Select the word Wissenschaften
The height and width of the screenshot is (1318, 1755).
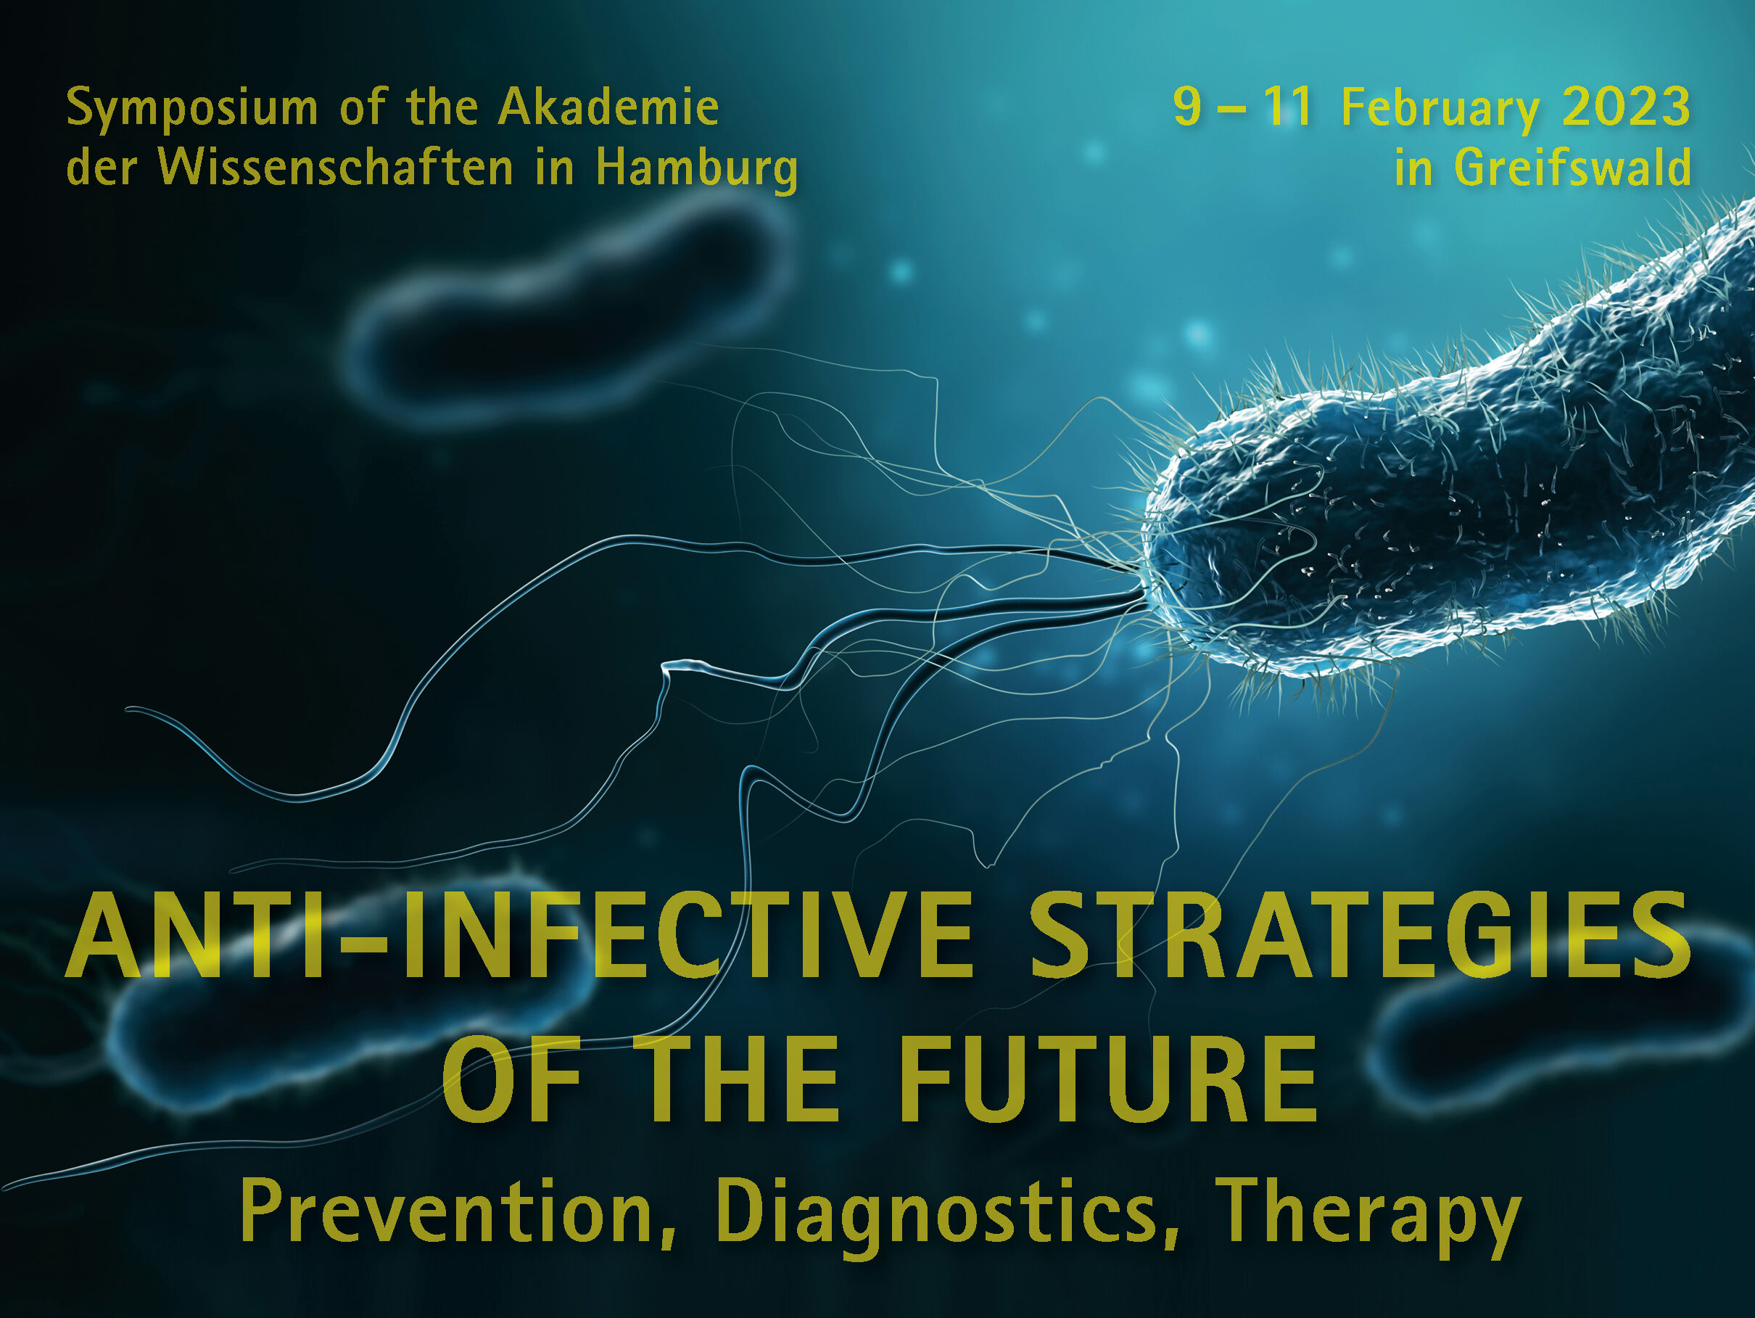click(336, 168)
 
